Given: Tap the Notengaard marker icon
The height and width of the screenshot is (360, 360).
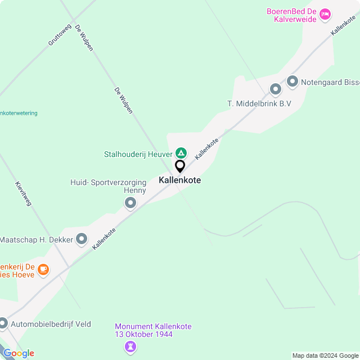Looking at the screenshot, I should click(x=292, y=82).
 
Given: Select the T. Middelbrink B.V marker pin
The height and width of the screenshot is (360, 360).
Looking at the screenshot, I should click(x=275, y=89).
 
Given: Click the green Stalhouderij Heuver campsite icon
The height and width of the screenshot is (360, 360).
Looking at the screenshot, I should click(x=181, y=153).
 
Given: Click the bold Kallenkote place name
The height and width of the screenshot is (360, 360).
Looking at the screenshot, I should click(x=180, y=181).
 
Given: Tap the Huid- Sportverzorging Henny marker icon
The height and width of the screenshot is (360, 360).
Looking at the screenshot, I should click(x=130, y=202).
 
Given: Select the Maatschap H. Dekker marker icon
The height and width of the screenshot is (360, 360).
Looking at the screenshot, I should click(x=82, y=240).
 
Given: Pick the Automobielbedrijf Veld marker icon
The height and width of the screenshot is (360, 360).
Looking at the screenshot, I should click(x=3, y=323).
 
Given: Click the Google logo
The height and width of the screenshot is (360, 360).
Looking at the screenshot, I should click(x=19, y=353).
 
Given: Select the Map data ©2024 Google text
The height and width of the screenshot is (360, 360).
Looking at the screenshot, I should click(x=325, y=355).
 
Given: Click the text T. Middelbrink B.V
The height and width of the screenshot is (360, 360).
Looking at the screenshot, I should click(x=259, y=103).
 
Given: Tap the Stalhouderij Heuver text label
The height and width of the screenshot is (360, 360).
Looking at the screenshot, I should click(x=138, y=154).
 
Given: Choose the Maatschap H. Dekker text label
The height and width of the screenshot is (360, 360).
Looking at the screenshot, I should click(x=36, y=240).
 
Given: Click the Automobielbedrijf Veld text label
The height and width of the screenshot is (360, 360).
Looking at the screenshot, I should click(x=51, y=324).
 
